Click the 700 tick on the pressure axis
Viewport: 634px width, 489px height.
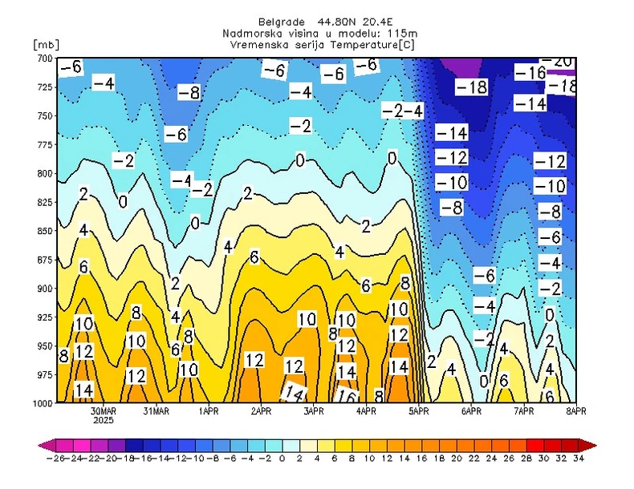point(43,59)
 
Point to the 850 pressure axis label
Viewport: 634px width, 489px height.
point(43,231)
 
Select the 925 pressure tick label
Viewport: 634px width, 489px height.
point(43,317)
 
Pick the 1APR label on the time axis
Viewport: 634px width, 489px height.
point(209,411)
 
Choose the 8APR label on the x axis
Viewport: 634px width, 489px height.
point(575,411)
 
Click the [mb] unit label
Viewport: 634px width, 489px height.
point(47,42)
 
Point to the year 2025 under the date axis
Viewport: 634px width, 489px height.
point(104,420)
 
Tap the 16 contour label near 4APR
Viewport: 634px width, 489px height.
point(347,395)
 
